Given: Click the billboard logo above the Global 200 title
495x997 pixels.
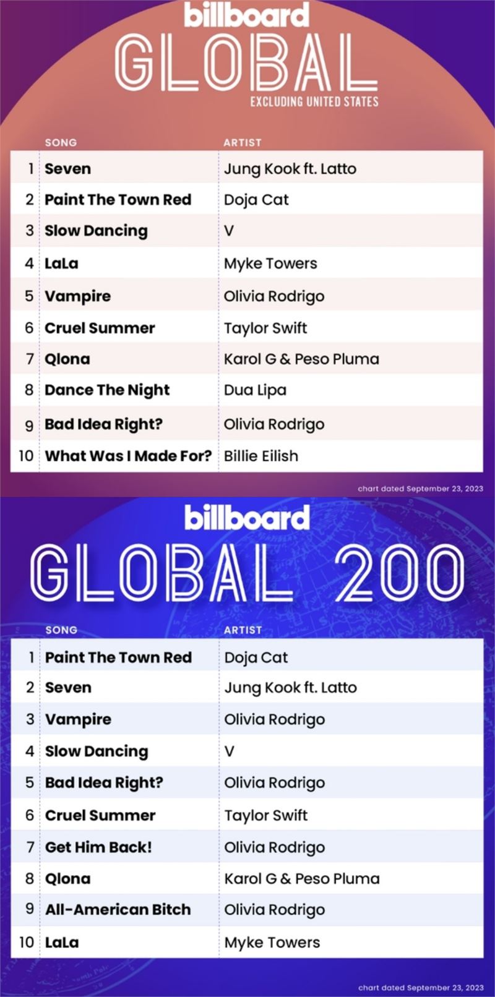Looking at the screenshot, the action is click(247, 518).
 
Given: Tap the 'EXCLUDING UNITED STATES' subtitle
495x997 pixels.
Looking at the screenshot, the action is click(314, 102).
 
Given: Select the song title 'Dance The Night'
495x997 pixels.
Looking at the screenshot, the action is click(107, 390).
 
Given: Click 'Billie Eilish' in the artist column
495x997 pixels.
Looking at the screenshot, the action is click(261, 456).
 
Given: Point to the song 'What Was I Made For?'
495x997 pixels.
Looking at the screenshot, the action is click(128, 456).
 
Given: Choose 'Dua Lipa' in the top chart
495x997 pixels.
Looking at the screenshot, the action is click(255, 390).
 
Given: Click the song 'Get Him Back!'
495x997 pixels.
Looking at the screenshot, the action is click(98, 847).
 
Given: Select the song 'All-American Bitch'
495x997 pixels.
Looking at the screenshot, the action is click(118, 909).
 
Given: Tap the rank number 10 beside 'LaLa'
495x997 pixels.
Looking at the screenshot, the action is click(26, 942).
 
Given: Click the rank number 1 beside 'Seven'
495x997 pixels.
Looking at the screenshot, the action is click(31, 169).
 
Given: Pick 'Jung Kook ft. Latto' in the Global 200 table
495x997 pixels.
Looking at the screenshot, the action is click(290, 688).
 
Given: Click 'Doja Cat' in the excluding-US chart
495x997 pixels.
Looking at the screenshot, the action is click(256, 200).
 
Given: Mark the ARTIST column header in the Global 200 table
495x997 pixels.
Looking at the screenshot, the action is click(243, 630).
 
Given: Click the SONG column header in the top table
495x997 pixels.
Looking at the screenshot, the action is click(61, 143).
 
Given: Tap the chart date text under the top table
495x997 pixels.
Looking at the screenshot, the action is click(420, 489).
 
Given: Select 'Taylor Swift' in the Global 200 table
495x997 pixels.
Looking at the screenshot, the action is click(265, 815).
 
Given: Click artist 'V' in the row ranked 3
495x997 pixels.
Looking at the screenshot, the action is click(229, 231).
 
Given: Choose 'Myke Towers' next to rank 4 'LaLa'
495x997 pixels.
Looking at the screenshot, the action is click(270, 263).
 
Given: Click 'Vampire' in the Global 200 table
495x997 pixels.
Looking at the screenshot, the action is click(79, 720).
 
